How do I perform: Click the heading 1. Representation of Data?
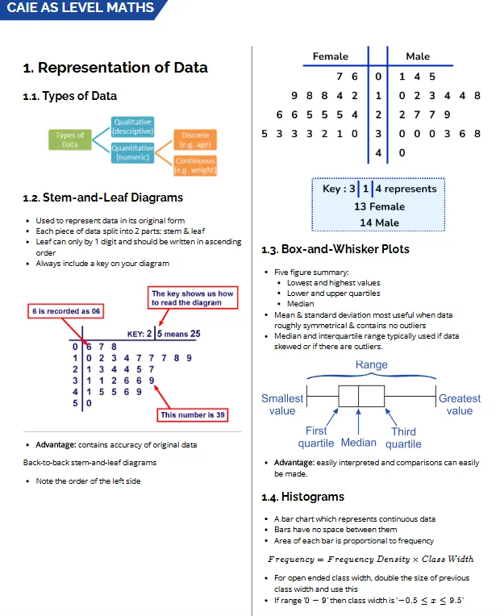115,68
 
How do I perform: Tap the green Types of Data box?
70,139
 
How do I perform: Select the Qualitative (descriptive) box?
133,126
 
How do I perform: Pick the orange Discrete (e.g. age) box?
195,139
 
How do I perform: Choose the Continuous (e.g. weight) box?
195,165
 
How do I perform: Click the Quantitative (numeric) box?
133,152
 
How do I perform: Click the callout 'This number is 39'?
193,415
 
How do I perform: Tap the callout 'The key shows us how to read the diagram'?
193,298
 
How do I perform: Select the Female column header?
331,56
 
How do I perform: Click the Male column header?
418,56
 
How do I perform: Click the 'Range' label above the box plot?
372,365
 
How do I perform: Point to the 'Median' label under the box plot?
359,443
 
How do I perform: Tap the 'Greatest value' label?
460,404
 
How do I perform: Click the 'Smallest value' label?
282,404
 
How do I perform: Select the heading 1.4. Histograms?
303,497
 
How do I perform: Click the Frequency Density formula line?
371,559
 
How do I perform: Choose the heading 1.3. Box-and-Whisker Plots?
335,249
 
